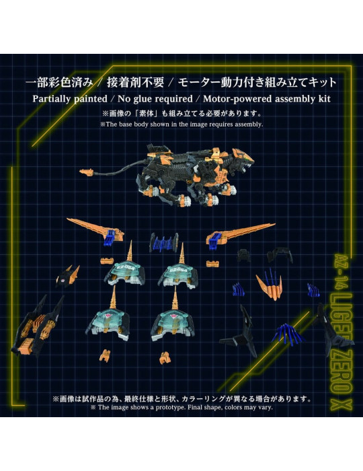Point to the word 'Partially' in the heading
click(x=56, y=98)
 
